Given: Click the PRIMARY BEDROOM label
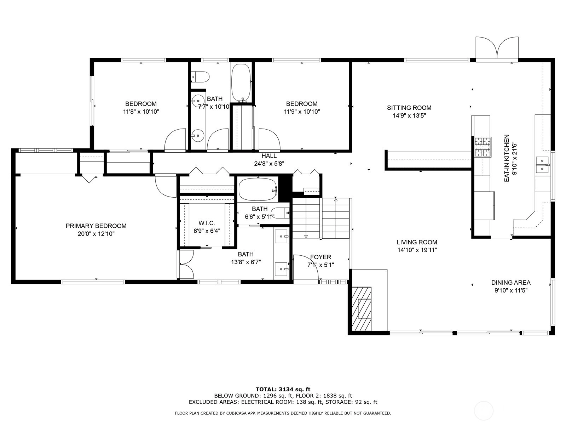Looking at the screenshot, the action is pos(96,226).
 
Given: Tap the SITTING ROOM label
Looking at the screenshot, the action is pos(409,108).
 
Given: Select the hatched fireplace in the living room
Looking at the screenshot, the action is pos(362,308).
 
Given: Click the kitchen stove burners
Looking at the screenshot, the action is pos(483,147).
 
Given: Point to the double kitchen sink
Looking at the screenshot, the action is pos(543,165).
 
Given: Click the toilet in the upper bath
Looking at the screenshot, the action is pos(200,76).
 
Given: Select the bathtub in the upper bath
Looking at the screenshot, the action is pos(241,83).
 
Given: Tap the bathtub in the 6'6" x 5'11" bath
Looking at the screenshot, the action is pos(258,189).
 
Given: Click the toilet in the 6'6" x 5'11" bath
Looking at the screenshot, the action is pos(281,213).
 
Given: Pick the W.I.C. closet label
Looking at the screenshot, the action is pos(207,223).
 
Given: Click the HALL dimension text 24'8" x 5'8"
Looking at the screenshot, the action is pos(269,164).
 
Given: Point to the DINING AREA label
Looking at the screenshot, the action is pos(511,283).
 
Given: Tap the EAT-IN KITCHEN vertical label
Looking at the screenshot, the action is pos(507,158).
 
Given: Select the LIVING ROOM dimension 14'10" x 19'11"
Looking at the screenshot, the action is pos(417,250).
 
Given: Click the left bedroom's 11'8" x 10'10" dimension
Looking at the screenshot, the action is pos(141,112).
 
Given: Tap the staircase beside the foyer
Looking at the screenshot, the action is pos(321,218).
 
